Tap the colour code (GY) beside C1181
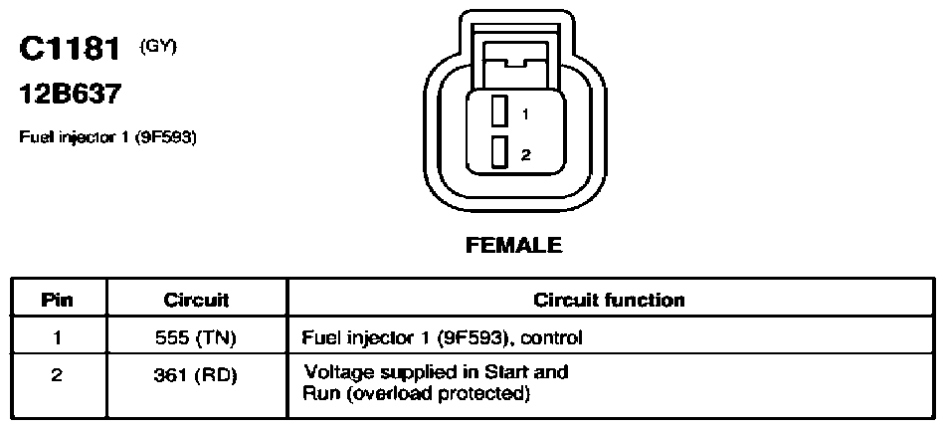pyautogui.click(x=158, y=47)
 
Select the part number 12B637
pyautogui.click(x=70, y=95)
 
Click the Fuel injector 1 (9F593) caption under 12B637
pyautogui.click(x=108, y=138)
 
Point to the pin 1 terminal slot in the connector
pyautogui.click(x=497, y=111)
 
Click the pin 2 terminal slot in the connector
pyautogui.click(x=497, y=152)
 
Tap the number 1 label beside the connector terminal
pyautogui.click(x=525, y=113)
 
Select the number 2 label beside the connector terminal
pyautogui.click(x=526, y=155)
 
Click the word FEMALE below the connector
pyautogui.click(x=514, y=246)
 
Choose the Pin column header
pyautogui.click(x=58, y=300)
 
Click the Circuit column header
pyautogui.click(x=197, y=300)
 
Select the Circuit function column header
pyautogui.click(x=610, y=300)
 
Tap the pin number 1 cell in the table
pyautogui.click(x=58, y=337)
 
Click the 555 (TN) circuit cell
pyautogui.click(x=197, y=338)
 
